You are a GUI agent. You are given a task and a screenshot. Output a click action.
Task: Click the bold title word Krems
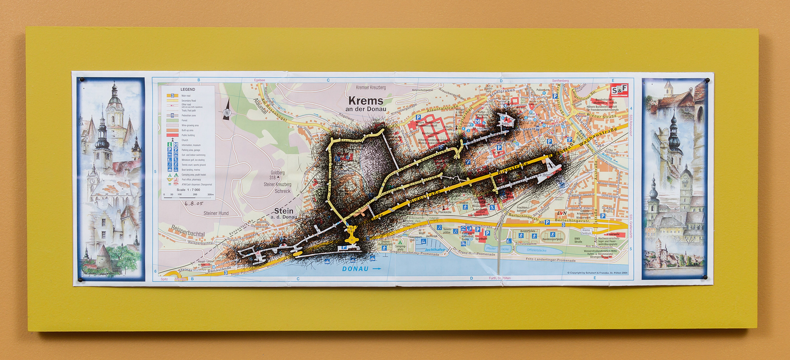[x=365, y=101]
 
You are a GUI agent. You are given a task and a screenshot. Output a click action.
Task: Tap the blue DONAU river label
[x=355, y=269]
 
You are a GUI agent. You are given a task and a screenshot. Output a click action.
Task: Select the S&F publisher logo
[x=619, y=90]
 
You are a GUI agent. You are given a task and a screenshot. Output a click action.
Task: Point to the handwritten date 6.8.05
[x=194, y=203]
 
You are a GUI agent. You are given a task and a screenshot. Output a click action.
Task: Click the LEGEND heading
[x=188, y=89]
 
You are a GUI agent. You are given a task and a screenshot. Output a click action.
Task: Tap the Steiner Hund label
[x=216, y=213]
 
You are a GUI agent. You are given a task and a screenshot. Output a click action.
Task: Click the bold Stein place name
[x=283, y=211]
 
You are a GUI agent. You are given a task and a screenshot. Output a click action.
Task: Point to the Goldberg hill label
[x=278, y=173]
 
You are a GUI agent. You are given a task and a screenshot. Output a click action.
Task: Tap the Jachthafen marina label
[x=435, y=250]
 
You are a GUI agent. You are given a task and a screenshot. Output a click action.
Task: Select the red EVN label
[x=562, y=214]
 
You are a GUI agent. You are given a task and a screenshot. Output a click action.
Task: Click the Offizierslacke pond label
[x=537, y=250]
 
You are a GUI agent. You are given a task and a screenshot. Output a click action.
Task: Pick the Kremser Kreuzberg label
[x=371, y=88]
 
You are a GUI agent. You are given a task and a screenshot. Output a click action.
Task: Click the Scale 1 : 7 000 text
[x=188, y=190]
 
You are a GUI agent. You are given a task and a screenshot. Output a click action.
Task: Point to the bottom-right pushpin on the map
[x=705, y=277]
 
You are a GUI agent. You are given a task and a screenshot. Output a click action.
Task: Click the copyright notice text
[x=597, y=273]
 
